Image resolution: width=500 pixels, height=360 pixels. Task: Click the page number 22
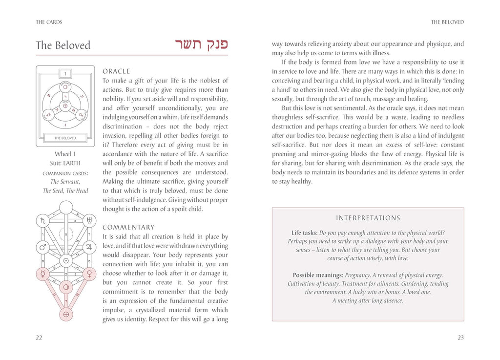pyautogui.click(x=39, y=338)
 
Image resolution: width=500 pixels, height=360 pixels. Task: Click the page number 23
pyautogui.click(x=460, y=338)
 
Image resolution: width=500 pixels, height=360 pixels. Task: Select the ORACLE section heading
pyautogui.click(x=116, y=71)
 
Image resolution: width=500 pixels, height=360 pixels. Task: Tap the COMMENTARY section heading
pyautogui.click(x=128, y=228)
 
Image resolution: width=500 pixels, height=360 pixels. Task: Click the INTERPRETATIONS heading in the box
pyautogui.click(x=368, y=218)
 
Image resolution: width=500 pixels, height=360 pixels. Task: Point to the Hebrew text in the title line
pyautogui.click(x=195, y=44)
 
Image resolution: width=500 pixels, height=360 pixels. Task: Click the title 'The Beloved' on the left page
pyautogui.click(x=63, y=45)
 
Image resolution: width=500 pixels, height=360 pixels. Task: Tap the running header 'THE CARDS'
pyautogui.click(x=49, y=22)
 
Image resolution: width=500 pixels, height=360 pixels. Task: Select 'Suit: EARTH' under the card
pyautogui.click(x=65, y=163)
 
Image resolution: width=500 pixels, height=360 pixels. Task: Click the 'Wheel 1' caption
pyautogui.click(x=65, y=154)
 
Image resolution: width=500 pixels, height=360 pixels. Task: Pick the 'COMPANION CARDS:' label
pyautogui.click(x=65, y=173)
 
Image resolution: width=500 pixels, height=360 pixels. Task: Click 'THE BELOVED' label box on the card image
pyautogui.click(x=65, y=138)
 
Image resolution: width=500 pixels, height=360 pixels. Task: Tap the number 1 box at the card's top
pyautogui.click(x=65, y=74)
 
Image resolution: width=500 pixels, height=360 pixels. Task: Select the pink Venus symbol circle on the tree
pyautogui.click(x=89, y=274)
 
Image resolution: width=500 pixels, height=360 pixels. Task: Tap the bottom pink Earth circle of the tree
pyautogui.click(x=65, y=314)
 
